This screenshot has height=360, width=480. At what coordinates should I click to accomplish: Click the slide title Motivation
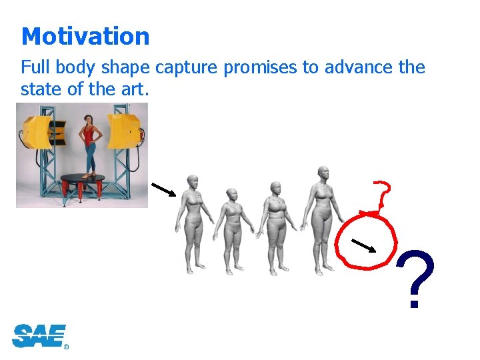point(85,36)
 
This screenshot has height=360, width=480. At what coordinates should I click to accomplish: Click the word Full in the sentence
point(35,68)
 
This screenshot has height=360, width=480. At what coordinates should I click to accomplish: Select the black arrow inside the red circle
point(365,245)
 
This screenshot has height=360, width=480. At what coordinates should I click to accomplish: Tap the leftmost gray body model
point(193,223)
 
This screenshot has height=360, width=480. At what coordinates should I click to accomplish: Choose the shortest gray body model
point(233,230)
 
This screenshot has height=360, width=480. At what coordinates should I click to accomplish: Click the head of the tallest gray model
point(323,173)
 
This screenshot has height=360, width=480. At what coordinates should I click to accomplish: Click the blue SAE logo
point(39,335)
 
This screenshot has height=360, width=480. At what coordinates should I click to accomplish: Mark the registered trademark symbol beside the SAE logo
point(66,347)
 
